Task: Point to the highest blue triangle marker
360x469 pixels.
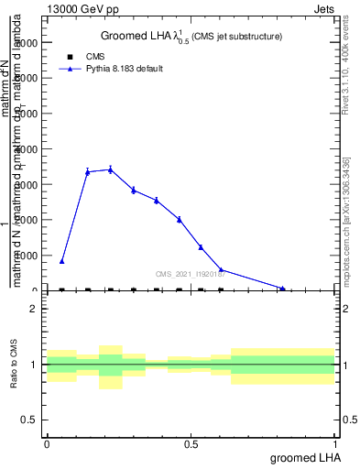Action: [x=110, y=169]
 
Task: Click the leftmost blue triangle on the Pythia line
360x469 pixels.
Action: [x=61, y=261]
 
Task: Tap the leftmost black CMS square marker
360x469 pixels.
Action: [x=61, y=289]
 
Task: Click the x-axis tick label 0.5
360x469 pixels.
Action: [x=191, y=444]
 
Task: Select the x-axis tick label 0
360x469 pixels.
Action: [x=47, y=444]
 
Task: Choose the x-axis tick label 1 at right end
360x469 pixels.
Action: [x=336, y=444]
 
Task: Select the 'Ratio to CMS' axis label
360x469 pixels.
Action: [x=14, y=365]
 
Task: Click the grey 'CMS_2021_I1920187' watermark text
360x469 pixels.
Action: [x=191, y=274]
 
